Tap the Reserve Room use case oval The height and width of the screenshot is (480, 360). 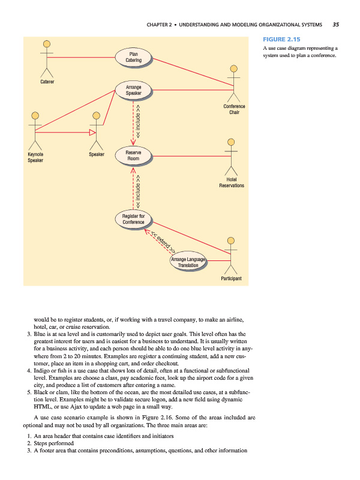pyautogui.click(x=133, y=155)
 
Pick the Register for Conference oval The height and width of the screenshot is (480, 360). pyautogui.click(x=133, y=219)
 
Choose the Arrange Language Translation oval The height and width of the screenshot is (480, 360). pyautogui.click(x=188, y=262)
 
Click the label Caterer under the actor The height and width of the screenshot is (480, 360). pyautogui.click(x=47, y=81)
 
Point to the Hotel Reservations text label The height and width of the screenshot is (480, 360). pyautogui.click(x=232, y=182)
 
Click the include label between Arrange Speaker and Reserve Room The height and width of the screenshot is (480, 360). pyautogui.click(x=139, y=120)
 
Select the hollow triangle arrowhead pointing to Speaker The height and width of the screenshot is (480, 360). pyautogui.click(x=92, y=131)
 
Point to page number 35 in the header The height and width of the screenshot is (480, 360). pyautogui.click(x=335, y=25)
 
